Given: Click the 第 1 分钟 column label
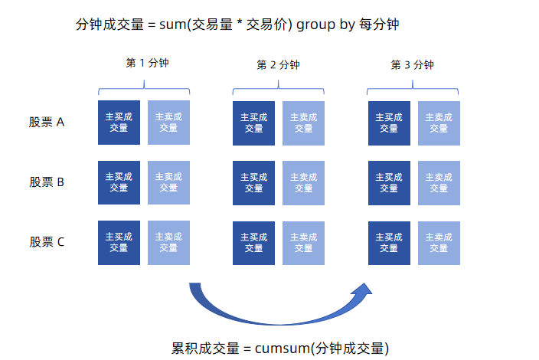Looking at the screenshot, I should pyautogui.click(x=147, y=63).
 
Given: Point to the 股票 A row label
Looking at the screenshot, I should pyautogui.click(x=47, y=122).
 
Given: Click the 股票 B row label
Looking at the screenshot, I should pyautogui.click(x=47, y=182).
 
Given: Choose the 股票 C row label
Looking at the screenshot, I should pyautogui.click(x=47, y=242).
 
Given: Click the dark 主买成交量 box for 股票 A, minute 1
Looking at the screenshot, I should pyautogui.click(x=119, y=122).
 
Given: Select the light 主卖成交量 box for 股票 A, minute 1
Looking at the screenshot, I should pyautogui.click(x=168, y=122).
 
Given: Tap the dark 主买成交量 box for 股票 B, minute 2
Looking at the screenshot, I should pyautogui.click(x=253, y=182).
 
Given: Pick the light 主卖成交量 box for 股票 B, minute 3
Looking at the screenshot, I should pyautogui.click(x=439, y=182).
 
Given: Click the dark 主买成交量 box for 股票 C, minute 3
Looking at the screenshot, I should pyautogui.click(x=389, y=242).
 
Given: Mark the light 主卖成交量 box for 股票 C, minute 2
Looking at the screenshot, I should pyautogui.click(x=303, y=242).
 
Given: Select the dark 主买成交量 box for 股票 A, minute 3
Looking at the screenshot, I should pyautogui.click(x=389, y=123).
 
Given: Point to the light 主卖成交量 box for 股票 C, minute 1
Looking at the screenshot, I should pyautogui.click(x=168, y=242).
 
